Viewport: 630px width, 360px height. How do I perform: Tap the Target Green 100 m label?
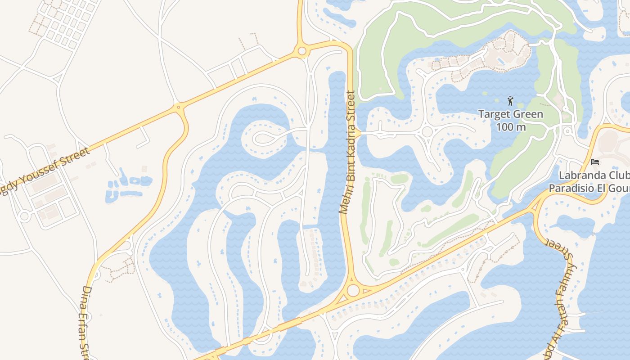tap(511, 120)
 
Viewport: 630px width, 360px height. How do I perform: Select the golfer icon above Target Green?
tap(510, 100)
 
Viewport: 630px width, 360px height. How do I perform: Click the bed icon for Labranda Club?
tap(595, 162)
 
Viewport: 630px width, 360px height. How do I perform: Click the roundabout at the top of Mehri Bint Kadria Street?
tap(302, 51)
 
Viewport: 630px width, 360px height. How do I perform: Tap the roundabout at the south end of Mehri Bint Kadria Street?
tap(353, 290)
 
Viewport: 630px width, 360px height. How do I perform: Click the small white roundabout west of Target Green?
tap(427, 132)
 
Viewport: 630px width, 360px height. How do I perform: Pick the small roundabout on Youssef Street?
tap(179, 107)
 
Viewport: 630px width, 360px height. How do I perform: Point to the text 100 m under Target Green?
tap(511, 127)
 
